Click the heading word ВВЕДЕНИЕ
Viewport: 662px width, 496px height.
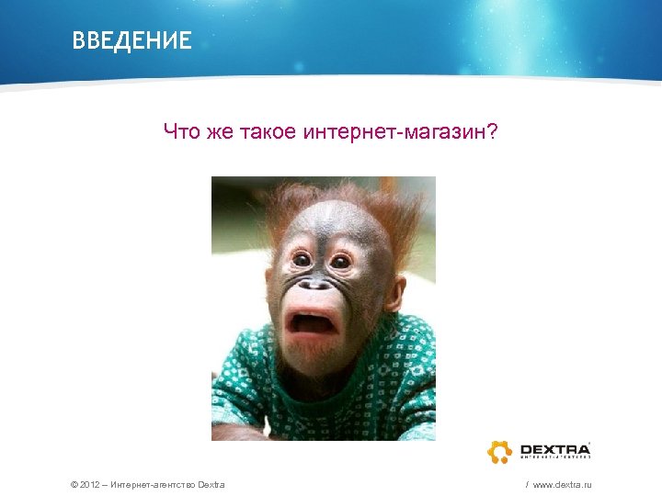coord(132,40)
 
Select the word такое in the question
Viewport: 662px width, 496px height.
coord(268,132)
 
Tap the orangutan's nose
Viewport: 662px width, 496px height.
coord(317,284)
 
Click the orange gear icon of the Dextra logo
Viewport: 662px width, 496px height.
coord(500,451)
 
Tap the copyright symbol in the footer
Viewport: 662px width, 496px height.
coord(74,483)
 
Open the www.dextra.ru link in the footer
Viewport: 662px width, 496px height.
coord(562,483)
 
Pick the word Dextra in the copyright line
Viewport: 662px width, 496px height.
coord(211,483)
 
